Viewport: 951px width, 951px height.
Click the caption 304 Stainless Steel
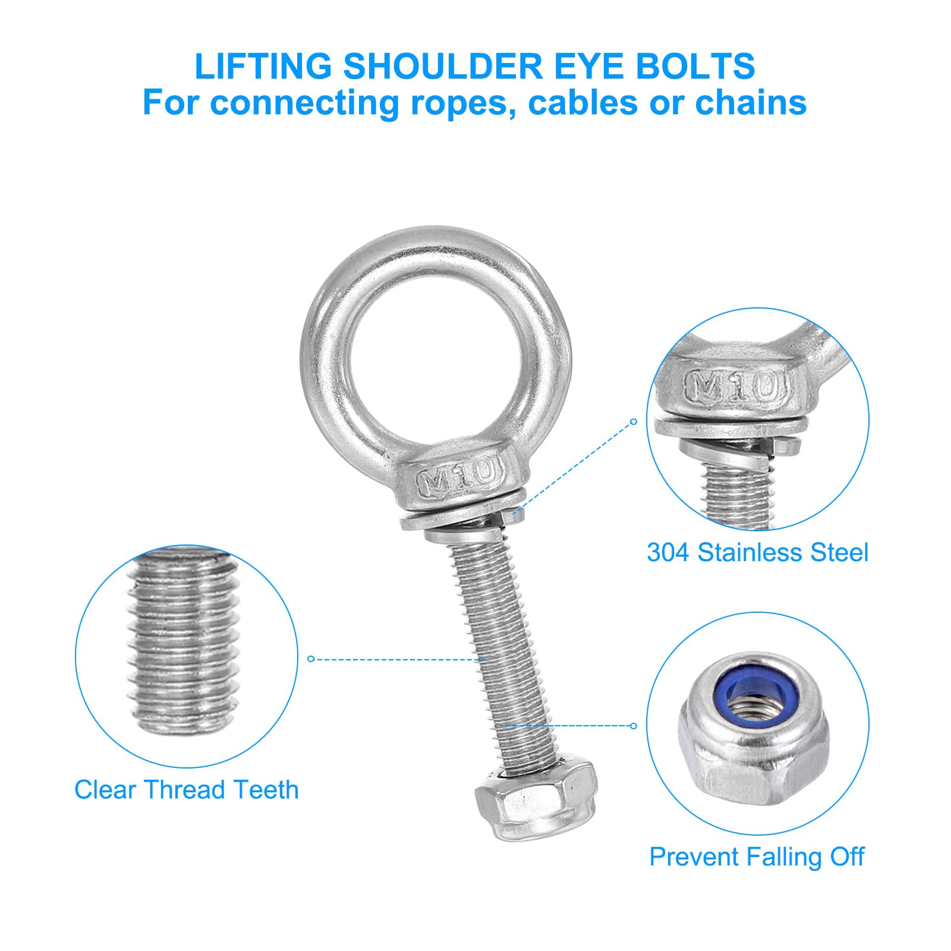(758, 552)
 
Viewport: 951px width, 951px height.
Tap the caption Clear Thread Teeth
(187, 789)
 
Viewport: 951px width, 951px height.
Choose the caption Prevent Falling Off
(757, 856)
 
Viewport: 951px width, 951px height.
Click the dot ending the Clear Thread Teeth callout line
(310, 659)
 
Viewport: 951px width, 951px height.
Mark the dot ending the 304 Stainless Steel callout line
(634, 421)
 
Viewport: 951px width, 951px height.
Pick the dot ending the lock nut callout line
(634, 726)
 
